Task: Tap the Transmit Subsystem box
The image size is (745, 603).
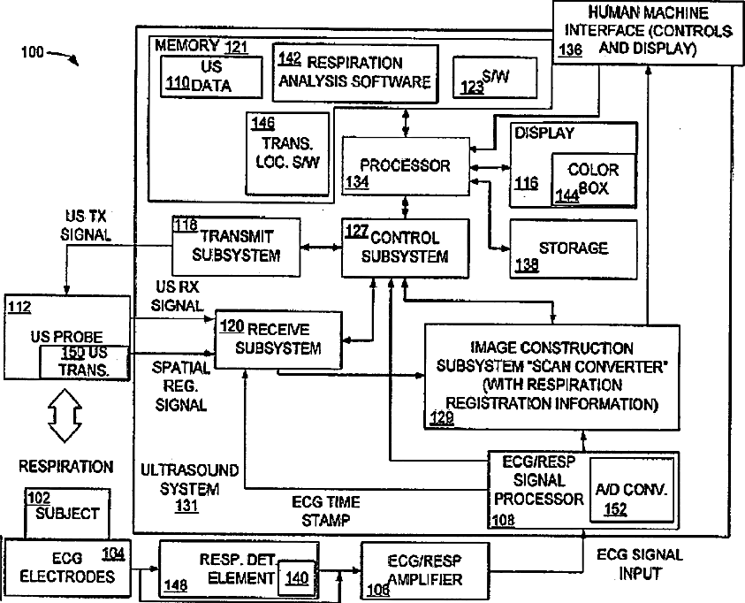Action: [x=235, y=245]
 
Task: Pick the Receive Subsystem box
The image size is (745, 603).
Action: [x=278, y=339]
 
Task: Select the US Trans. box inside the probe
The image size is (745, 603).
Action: [x=85, y=363]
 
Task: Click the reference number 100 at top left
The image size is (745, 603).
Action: [x=31, y=53]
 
